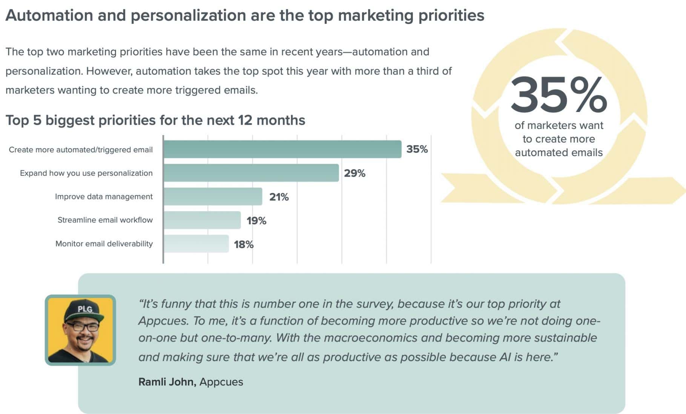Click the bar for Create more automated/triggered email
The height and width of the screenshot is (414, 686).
tap(282, 149)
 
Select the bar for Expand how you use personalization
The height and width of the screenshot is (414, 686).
tap(251, 173)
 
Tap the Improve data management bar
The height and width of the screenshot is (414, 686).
tap(213, 196)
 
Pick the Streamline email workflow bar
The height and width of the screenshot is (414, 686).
tap(202, 220)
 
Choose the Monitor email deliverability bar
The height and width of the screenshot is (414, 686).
tap(196, 244)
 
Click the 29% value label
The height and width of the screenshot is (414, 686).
tap(355, 173)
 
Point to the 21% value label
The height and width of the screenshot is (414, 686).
tap(279, 197)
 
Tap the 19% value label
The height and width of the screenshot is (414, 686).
tap(256, 221)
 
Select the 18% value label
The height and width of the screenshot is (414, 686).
tap(244, 245)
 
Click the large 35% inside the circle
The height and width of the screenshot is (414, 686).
tap(558, 95)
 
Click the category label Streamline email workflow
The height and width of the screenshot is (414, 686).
tap(105, 220)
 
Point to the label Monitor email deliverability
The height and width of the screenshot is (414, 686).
tap(104, 244)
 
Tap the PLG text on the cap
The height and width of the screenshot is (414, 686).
tap(85, 309)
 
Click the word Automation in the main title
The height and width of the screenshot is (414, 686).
tap(49, 16)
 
